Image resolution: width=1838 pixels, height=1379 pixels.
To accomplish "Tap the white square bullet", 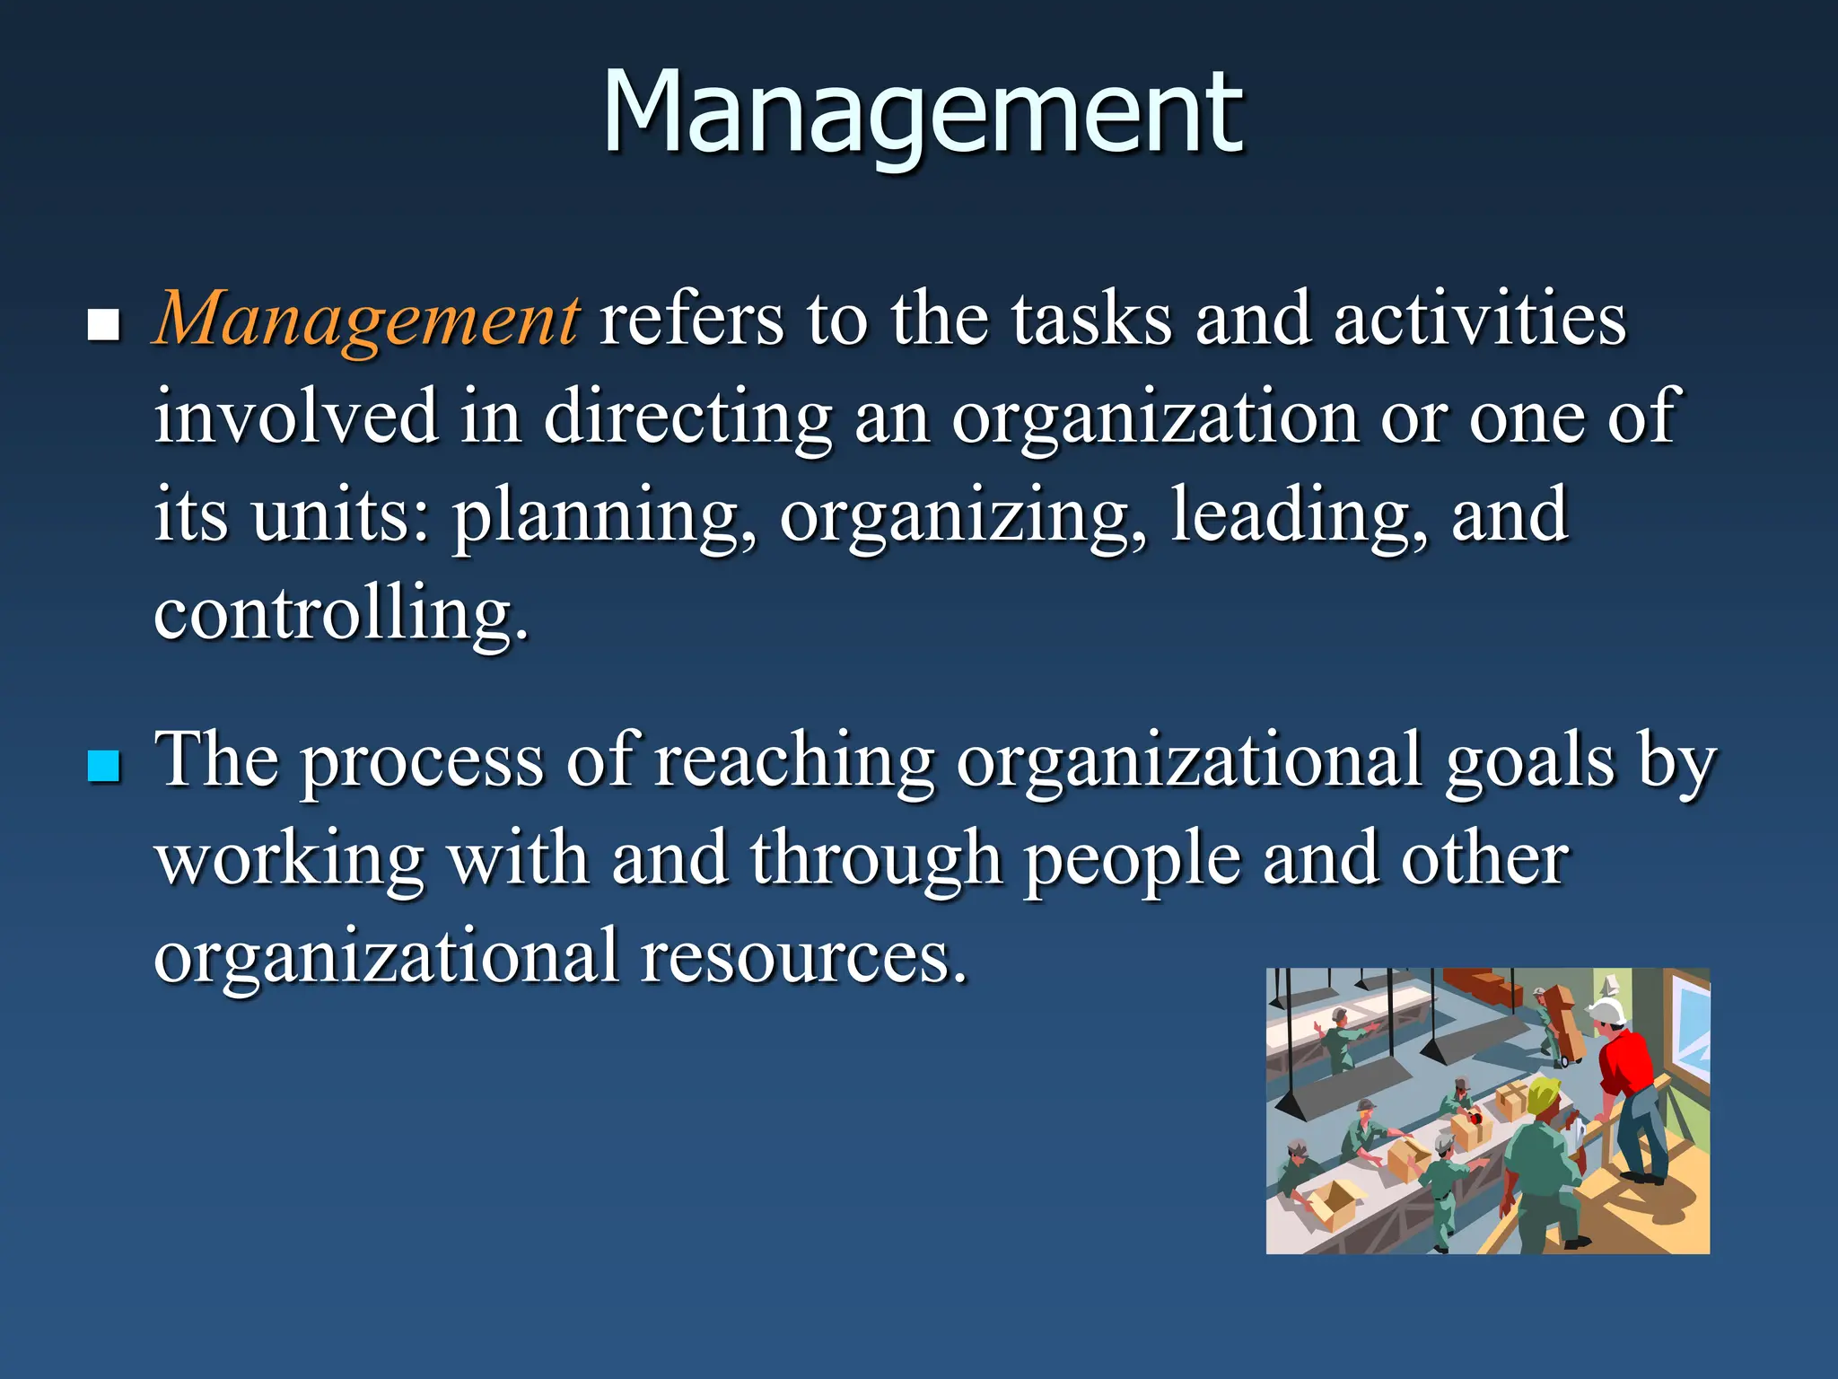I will click(104, 325).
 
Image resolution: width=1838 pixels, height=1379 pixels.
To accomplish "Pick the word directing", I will click(687, 417).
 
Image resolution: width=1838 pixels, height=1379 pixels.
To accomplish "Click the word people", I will click(1133, 860).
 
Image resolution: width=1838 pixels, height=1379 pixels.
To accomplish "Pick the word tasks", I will click(1092, 319).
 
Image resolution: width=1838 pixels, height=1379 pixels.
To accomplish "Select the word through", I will click(876, 860).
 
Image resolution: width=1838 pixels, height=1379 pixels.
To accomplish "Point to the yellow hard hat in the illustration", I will click(1543, 1094).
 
